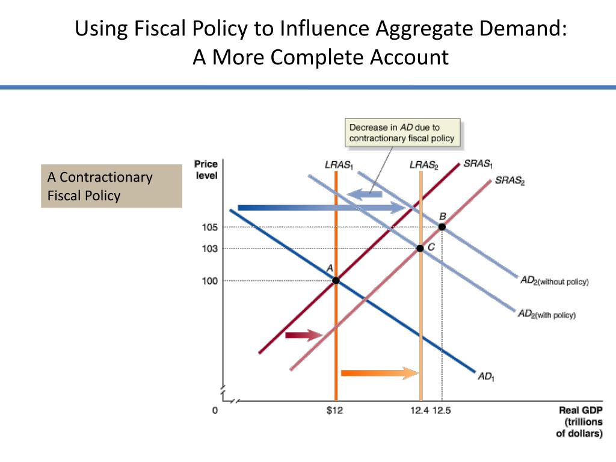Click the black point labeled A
coord(336,280)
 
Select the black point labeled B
coord(442,227)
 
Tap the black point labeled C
coord(420,248)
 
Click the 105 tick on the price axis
coord(209,227)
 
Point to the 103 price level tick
coord(209,248)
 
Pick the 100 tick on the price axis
coord(209,280)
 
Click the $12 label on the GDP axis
coord(335,411)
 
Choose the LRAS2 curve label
coord(422,164)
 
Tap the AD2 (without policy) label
coord(553,281)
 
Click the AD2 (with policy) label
coord(546,314)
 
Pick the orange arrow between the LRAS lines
coord(379,373)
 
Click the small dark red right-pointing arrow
coord(304,335)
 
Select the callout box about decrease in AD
coord(402,133)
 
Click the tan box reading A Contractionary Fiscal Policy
coord(111,186)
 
